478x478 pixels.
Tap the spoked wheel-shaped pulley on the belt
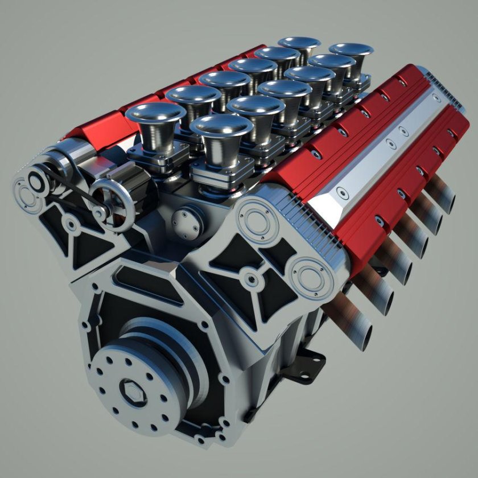[x=112, y=203]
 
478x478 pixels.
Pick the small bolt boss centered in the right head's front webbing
[x=251, y=279]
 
